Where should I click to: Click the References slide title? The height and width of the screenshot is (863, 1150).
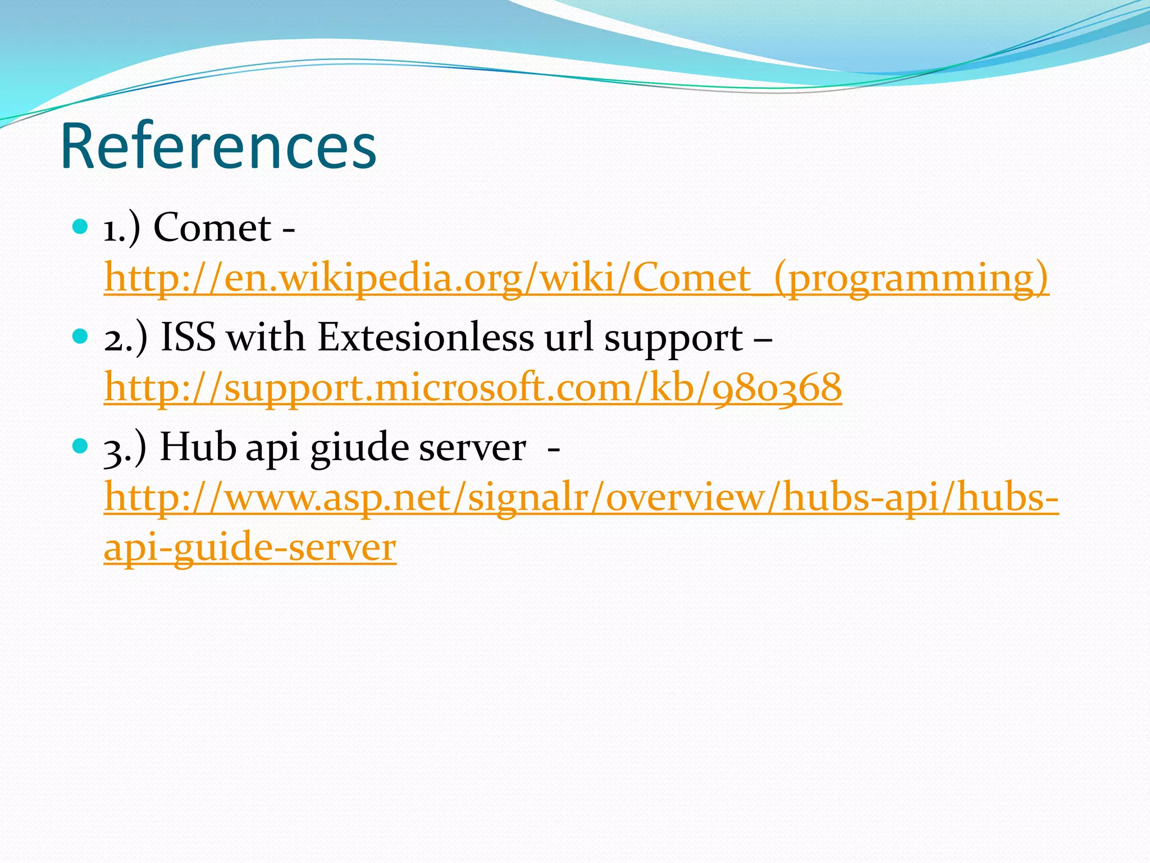[218, 146]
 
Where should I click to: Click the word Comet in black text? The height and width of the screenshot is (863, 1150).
[212, 228]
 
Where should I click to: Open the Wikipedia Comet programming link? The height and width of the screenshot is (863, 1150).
[576, 278]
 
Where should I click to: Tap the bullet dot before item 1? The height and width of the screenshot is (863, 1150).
[81, 226]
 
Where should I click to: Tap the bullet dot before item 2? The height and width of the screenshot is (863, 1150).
[81, 337]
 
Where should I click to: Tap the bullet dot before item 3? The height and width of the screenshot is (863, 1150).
[81, 447]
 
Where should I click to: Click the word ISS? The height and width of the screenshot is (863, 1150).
[188, 337]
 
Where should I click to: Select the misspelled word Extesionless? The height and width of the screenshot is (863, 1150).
[425, 337]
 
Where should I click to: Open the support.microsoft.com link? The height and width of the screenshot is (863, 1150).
[473, 388]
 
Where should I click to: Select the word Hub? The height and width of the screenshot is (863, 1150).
[198, 447]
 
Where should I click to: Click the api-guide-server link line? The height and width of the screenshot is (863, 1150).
[250, 547]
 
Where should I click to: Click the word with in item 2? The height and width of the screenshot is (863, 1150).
[266, 337]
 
